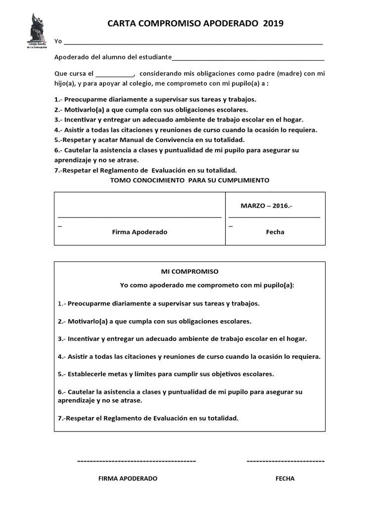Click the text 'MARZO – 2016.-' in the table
coord(266,205)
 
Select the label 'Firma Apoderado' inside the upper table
coord(140,232)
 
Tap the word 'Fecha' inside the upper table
coord(275,232)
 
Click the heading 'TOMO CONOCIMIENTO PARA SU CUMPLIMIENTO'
coord(190,180)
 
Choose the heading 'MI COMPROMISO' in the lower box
coord(190,271)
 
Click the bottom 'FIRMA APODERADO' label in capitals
coord(128,478)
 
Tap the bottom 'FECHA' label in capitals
coord(285,478)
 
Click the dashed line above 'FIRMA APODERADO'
coord(137,461)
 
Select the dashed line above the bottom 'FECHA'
coord(285,461)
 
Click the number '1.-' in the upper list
coord(58,99)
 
